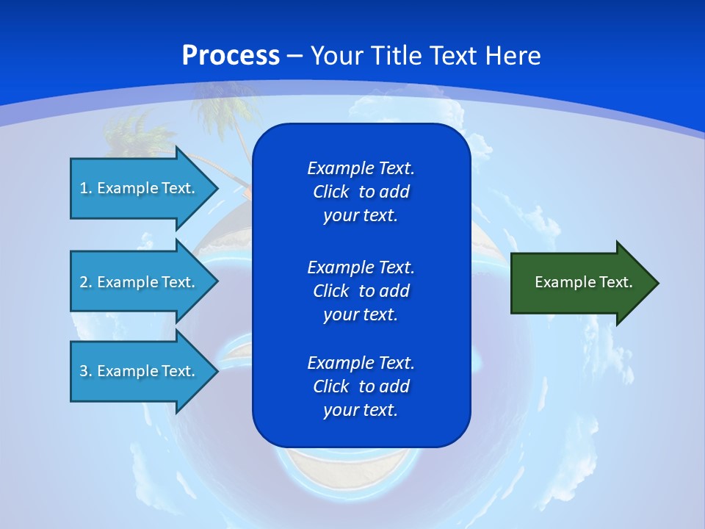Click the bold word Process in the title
231,56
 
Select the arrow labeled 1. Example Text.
140,188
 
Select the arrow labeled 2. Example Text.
140,282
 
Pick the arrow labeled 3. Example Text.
140,371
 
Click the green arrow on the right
580,283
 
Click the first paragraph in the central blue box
361,192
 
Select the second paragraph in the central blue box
361,290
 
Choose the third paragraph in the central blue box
361,386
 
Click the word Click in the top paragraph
330,192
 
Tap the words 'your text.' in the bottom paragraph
361,410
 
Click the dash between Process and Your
294,56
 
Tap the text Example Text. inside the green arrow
583,282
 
